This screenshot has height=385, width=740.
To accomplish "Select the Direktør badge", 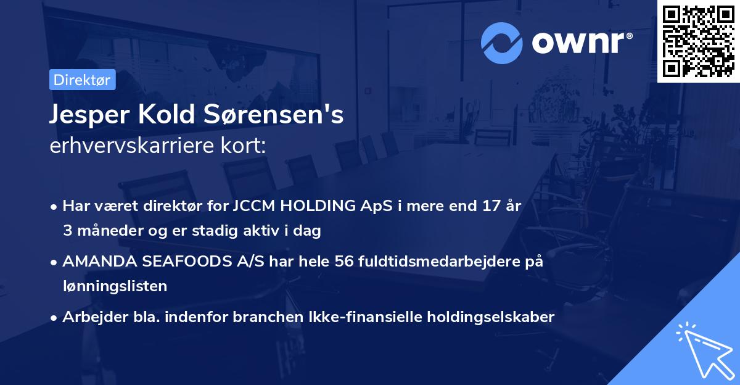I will (82, 80).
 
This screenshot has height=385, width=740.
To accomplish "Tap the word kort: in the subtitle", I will (244, 146).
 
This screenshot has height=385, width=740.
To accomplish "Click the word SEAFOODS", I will (184, 262).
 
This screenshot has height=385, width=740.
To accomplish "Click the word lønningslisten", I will (115, 286).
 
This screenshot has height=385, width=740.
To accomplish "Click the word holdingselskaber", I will (484, 317).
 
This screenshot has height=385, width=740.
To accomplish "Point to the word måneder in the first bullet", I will (102, 231).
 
